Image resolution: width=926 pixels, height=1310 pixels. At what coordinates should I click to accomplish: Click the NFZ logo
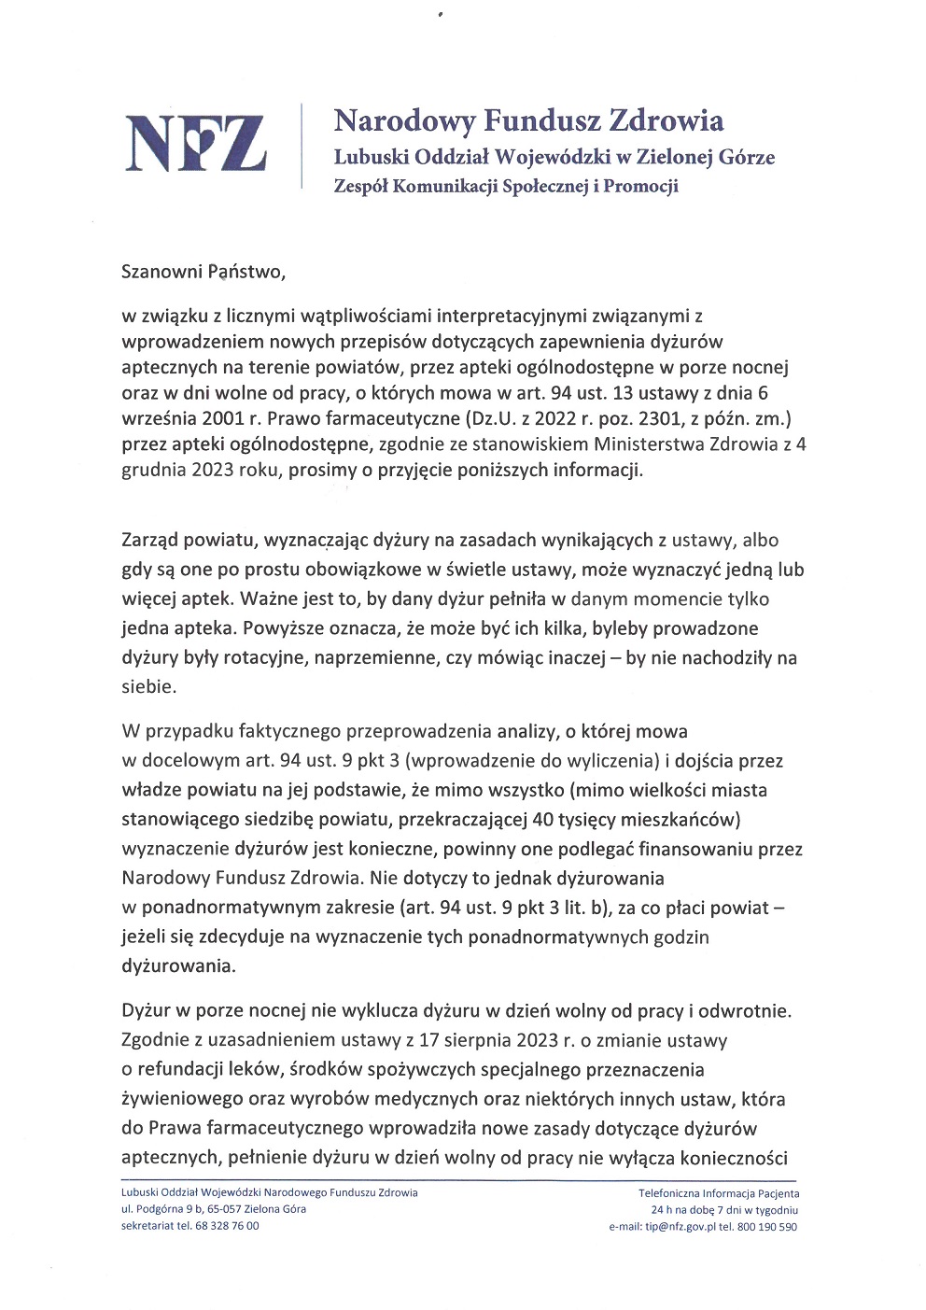[x=196, y=143]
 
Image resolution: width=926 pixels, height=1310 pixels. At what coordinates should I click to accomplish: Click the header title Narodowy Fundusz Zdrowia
[x=528, y=121]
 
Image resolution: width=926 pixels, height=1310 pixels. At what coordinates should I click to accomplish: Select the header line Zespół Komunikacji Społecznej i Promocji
[x=506, y=186]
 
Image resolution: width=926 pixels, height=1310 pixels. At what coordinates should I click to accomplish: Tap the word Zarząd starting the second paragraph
[x=152, y=540]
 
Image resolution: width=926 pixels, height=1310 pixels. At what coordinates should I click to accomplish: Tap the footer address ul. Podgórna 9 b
[x=162, y=1209]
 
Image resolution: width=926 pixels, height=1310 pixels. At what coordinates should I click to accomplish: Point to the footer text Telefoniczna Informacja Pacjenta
[x=719, y=1193]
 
